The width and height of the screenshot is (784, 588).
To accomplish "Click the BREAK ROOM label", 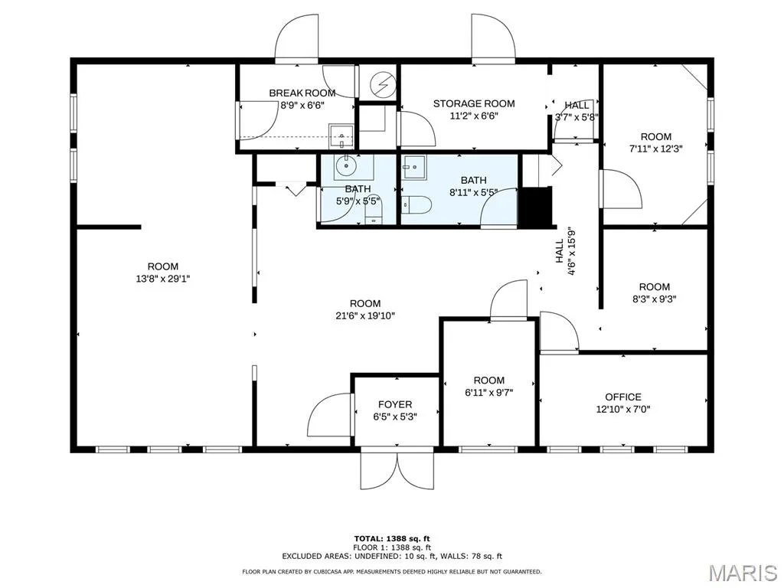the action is coord(302,93).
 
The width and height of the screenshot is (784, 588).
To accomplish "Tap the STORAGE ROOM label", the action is coord(474,103).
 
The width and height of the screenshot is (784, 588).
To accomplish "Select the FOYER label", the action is coord(395,404).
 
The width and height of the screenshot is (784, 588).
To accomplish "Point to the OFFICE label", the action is coord(623,397).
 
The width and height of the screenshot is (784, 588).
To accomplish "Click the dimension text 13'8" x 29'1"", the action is coord(163,279).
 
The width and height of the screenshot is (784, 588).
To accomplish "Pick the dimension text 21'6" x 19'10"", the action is coord(365,315).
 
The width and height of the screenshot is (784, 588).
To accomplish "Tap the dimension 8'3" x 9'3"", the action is coord(655,299).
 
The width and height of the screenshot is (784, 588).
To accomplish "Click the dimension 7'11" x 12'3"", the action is coord(656,149).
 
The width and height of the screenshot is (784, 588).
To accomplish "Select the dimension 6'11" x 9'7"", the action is coord(489,393).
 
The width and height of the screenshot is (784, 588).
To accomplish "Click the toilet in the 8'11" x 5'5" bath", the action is coord(416,204).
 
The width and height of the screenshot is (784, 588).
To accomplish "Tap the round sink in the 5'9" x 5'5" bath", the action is coord(345,165).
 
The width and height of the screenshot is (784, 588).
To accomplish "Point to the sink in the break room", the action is coord(341,136).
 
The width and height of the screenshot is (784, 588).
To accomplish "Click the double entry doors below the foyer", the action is coord(397,470).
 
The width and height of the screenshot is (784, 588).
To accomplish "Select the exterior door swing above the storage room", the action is coord(494,39).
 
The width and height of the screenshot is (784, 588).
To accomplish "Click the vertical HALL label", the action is coord(559,251).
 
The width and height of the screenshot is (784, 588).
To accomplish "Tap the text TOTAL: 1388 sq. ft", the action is coord(392,538).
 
